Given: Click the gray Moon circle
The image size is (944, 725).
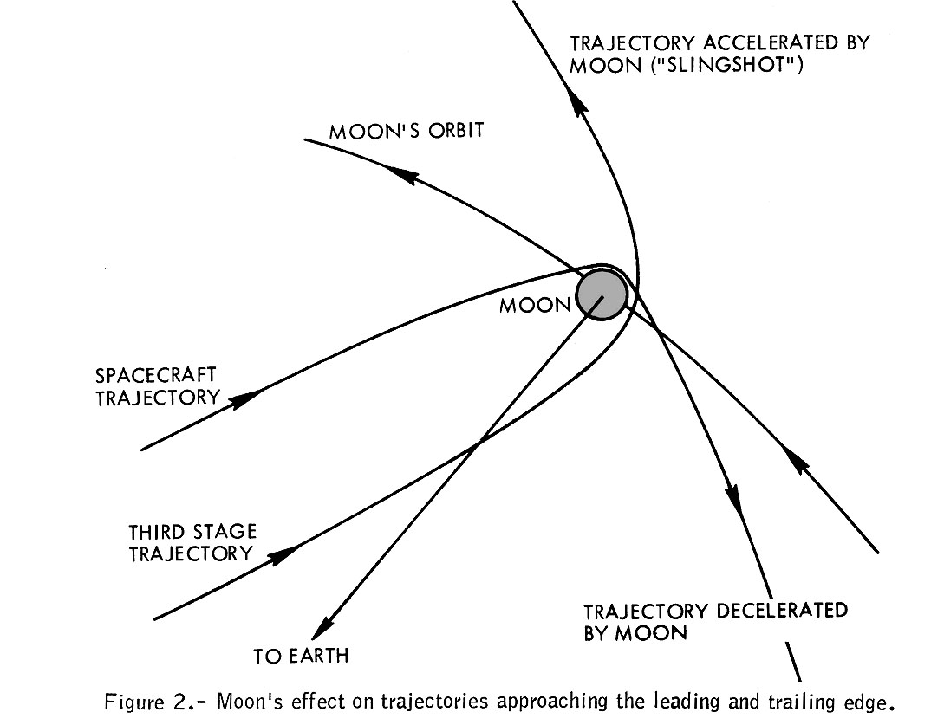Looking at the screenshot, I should [602, 295].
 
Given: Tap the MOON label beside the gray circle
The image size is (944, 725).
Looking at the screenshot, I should [535, 306].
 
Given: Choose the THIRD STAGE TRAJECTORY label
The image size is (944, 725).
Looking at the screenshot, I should [192, 542].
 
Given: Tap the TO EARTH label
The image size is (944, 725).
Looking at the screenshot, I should [301, 655].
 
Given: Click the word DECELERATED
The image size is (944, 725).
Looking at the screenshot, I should [769, 611].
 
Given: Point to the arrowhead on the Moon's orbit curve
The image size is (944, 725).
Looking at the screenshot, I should [403, 176].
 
